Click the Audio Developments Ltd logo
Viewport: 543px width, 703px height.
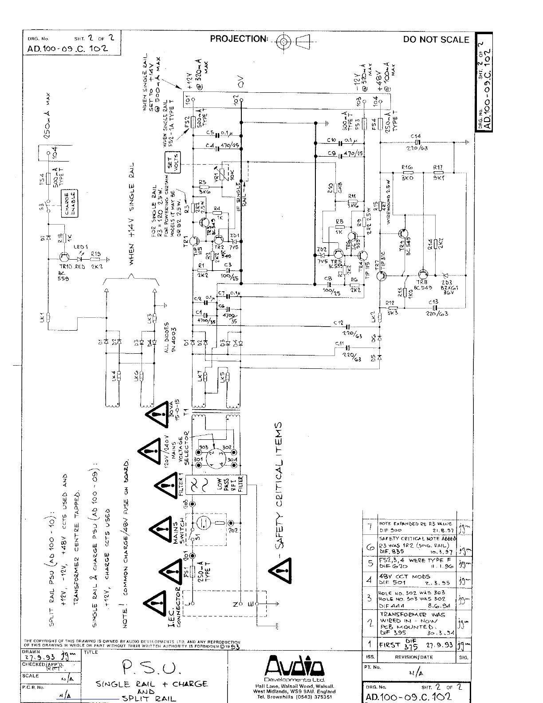[x=295, y=666]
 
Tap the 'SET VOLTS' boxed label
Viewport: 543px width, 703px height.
[x=171, y=162]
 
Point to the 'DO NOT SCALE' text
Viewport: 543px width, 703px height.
[x=436, y=39]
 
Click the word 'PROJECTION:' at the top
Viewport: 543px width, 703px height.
[x=239, y=39]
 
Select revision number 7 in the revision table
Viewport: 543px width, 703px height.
[x=370, y=527]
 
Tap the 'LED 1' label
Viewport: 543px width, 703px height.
[x=81, y=247]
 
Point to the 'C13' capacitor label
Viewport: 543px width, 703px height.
[x=433, y=302]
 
